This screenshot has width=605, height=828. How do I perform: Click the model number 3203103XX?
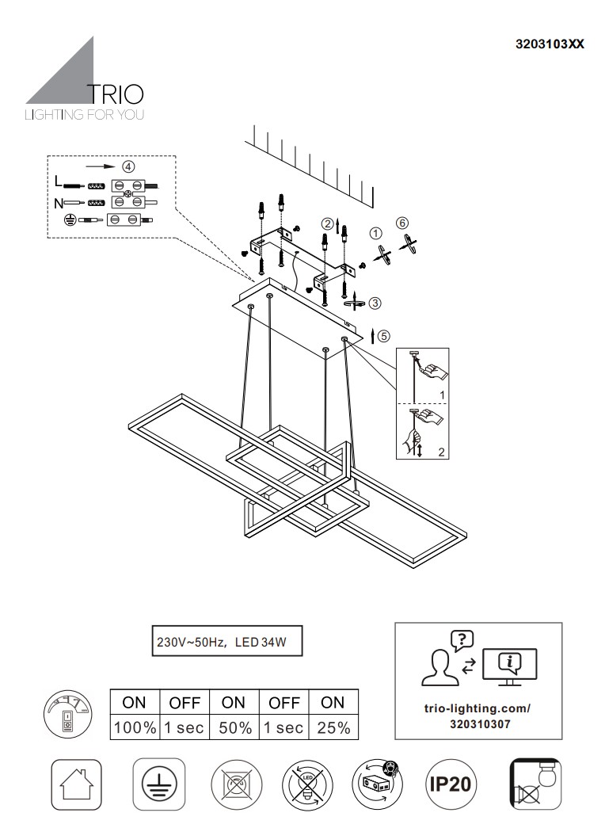[x=550, y=44]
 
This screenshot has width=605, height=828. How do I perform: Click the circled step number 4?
[x=127, y=166]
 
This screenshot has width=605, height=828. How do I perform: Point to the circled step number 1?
[x=376, y=233]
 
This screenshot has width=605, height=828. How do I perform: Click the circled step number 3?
[x=375, y=302]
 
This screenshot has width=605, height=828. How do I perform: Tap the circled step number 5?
[x=384, y=335]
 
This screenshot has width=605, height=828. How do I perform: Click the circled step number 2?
[x=325, y=223]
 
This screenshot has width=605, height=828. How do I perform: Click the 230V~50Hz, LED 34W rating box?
[x=226, y=643]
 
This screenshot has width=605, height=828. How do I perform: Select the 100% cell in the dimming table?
[x=135, y=727]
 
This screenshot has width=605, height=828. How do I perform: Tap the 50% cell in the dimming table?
[x=234, y=727]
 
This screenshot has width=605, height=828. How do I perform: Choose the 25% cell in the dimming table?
[x=333, y=727]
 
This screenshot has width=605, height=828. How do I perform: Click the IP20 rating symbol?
[x=451, y=784]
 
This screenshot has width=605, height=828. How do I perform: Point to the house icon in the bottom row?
[x=76, y=784]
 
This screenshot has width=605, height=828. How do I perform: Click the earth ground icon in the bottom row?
[x=158, y=784]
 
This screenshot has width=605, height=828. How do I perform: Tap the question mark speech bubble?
[x=461, y=639]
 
